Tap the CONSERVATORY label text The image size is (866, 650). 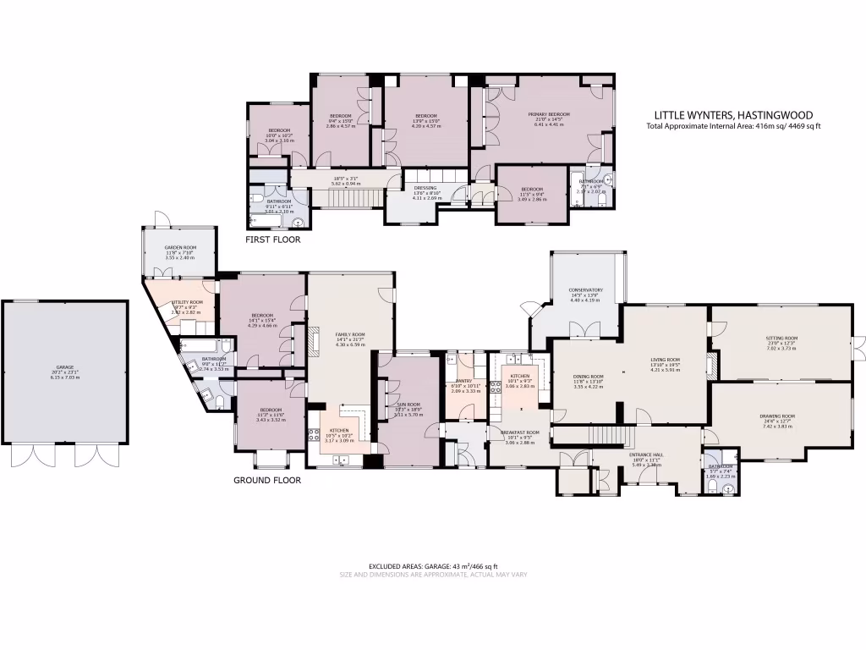click(x=585, y=290)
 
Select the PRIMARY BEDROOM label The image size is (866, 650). click(x=549, y=115)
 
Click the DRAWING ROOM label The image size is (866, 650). click(x=778, y=416)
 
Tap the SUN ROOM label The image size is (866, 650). click(x=408, y=405)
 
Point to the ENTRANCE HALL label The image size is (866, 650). click(x=646, y=455)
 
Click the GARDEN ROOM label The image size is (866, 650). click(x=180, y=247)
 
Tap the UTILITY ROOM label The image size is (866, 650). click(x=188, y=302)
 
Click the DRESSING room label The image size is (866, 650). click(x=425, y=189)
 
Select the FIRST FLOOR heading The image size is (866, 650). click(x=272, y=240)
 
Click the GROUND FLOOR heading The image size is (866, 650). click(x=266, y=480)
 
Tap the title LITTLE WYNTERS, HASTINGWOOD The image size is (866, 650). click(x=734, y=115)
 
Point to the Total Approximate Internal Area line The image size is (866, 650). click(x=733, y=126)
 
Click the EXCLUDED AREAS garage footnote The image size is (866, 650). click(x=433, y=566)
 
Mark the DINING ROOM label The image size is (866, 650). click(x=588, y=377)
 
